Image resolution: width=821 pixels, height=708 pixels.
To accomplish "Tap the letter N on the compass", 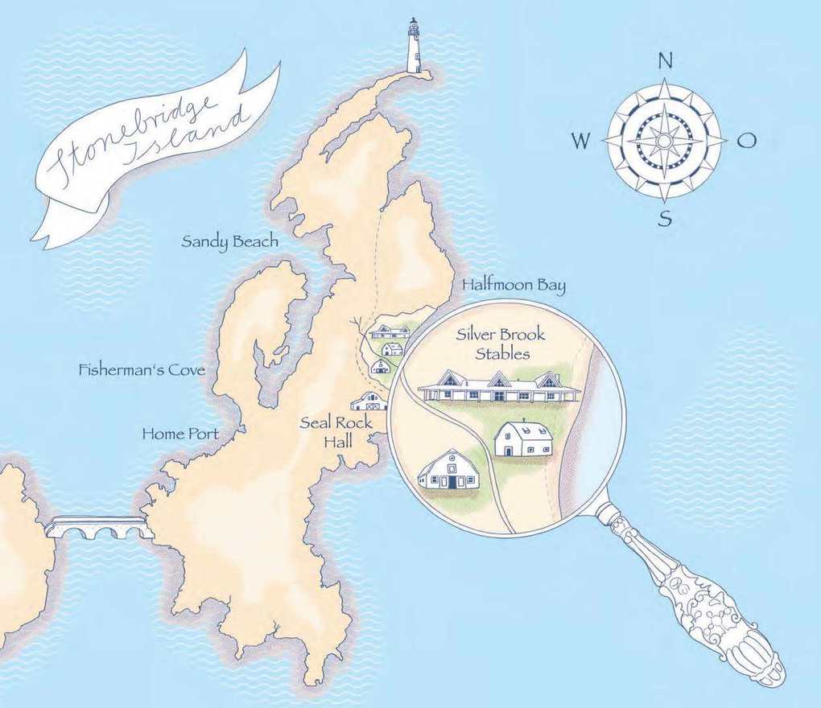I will point(665,61).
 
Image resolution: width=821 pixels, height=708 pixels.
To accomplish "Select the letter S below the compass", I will point(665,218).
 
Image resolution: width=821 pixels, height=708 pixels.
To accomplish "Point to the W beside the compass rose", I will point(581,142).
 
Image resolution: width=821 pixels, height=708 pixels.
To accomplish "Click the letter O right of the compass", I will point(747,141).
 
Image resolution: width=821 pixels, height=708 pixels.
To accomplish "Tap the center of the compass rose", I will point(665,140).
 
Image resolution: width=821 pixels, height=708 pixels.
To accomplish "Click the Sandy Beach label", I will point(230,241).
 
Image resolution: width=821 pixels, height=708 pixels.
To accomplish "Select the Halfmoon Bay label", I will point(514,285).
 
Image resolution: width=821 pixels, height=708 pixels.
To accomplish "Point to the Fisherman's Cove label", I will point(142,371).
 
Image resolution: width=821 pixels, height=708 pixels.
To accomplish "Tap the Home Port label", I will point(180,434).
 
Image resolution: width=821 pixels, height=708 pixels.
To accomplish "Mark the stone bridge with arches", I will point(99,528).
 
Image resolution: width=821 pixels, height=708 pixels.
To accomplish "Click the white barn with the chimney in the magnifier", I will point(523,438).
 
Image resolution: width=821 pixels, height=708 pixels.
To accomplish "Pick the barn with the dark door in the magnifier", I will point(449,471).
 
